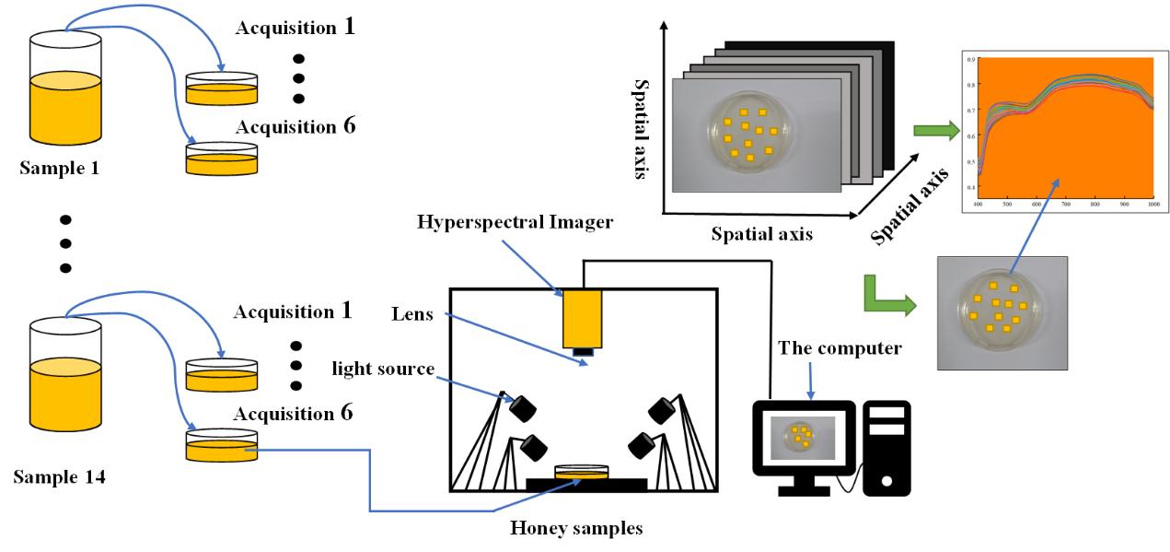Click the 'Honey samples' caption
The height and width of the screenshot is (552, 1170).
click(x=578, y=529)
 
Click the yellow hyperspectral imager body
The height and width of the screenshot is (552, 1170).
click(x=583, y=318)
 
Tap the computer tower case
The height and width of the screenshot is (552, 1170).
click(x=885, y=447)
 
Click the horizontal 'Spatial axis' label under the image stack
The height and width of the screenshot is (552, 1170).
click(x=762, y=234)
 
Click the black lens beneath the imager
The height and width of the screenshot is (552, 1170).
click(x=583, y=350)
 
